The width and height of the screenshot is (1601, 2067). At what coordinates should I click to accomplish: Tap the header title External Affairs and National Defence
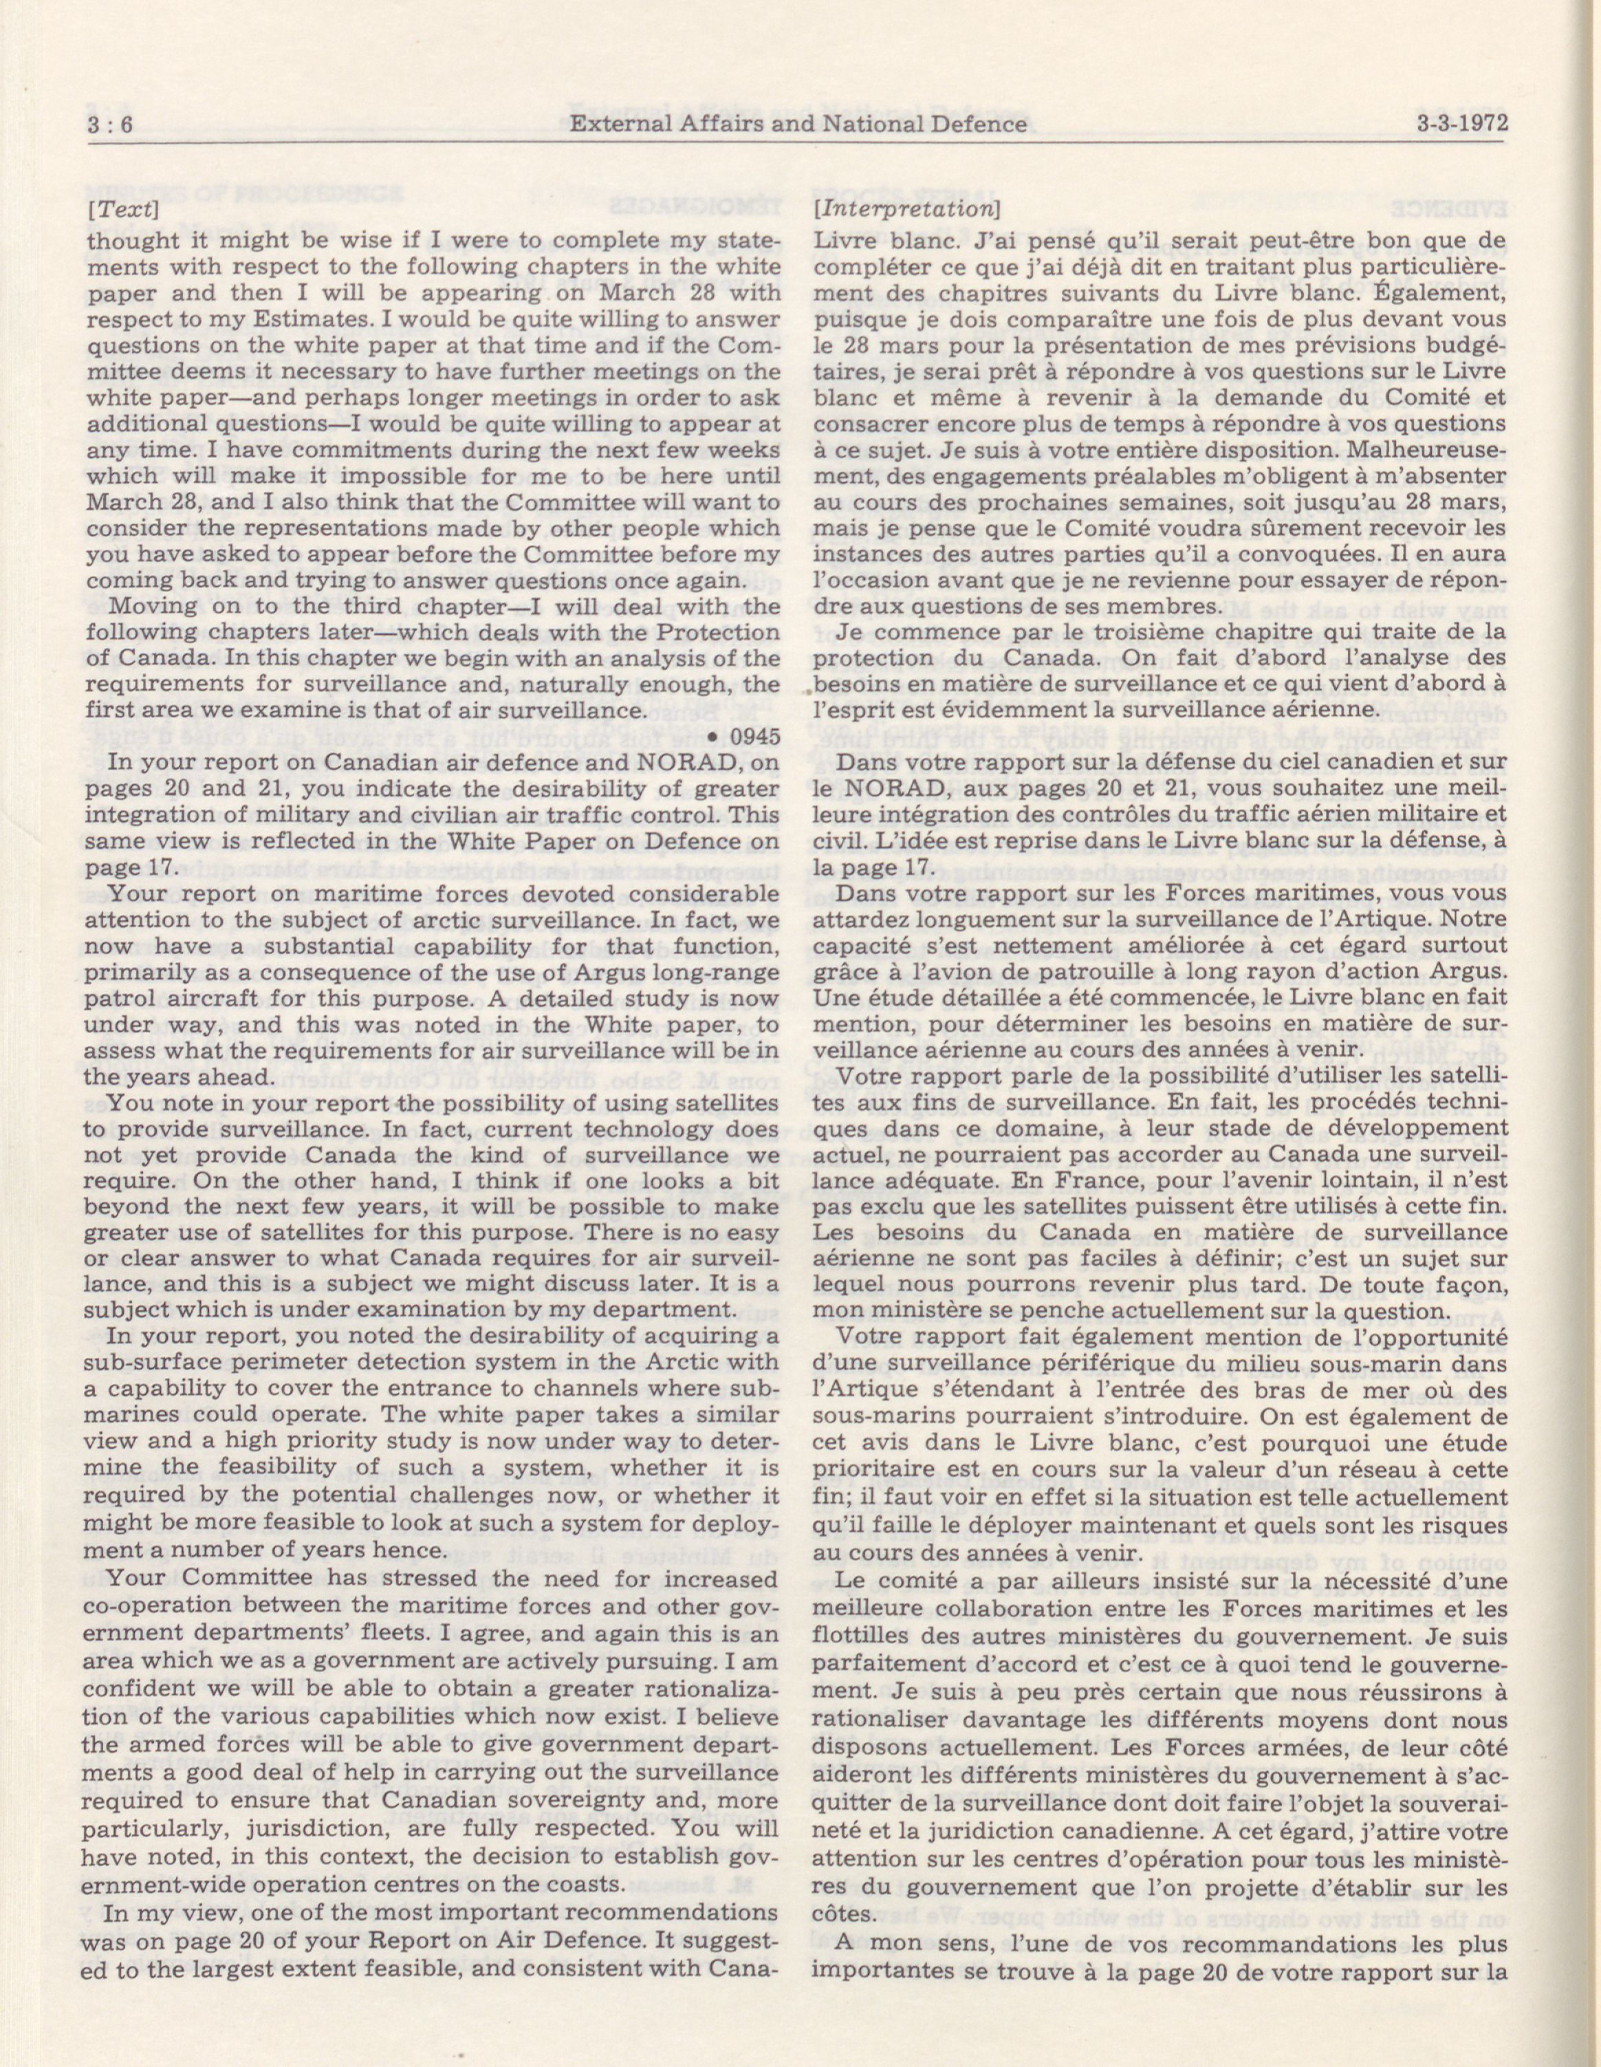coord(798,124)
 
